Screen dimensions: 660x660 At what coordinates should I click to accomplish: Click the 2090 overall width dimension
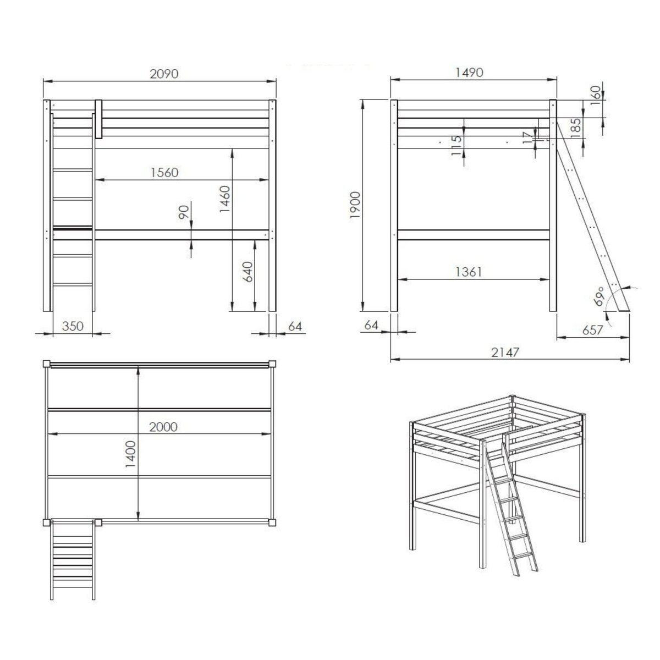click(x=164, y=74)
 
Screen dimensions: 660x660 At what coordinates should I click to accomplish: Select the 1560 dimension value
click(x=165, y=173)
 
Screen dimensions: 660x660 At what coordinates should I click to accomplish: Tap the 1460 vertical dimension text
click(x=225, y=199)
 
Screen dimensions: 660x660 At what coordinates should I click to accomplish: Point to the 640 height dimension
click(x=248, y=272)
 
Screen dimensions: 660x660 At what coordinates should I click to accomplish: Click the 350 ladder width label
click(x=73, y=326)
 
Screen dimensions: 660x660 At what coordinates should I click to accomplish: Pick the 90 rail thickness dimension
click(x=184, y=212)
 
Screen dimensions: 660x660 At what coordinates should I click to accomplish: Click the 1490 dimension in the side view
click(x=469, y=72)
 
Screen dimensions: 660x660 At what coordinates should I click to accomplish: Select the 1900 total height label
click(x=355, y=206)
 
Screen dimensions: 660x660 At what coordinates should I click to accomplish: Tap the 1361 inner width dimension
click(x=469, y=272)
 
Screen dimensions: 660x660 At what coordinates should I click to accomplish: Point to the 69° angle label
click(x=599, y=296)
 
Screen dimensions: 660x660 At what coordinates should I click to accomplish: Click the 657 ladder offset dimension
click(x=592, y=330)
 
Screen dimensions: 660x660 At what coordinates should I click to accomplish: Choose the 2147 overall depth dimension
click(x=505, y=352)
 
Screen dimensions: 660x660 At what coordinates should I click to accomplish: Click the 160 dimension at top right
click(x=596, y=92)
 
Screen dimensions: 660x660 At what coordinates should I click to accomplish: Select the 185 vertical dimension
click(x=576, y=128)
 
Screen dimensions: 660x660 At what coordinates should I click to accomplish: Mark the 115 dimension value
click(x=456, y=145)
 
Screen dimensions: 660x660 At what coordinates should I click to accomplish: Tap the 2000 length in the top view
click(x=163, y=427)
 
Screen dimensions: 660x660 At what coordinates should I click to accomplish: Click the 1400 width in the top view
click(x=130, y=454)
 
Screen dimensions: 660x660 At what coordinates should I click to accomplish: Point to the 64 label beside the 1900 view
click(x=371, y=324)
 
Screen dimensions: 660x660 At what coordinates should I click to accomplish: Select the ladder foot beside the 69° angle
click(x=624, y=308)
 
